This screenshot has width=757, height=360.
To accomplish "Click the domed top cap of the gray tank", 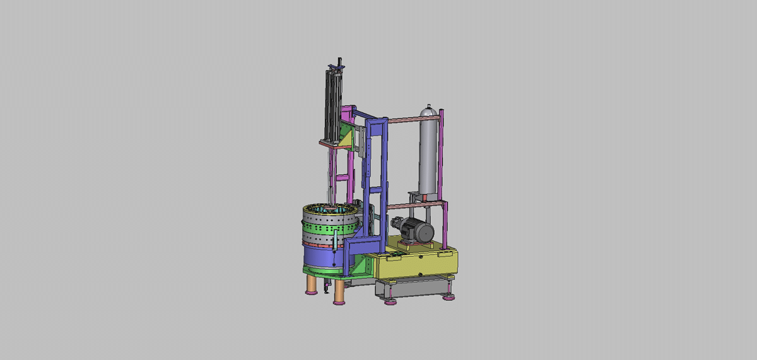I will [429, 111].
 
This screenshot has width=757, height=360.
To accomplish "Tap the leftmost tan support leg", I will [310, 284].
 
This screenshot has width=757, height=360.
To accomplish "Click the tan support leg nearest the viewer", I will [339, 292].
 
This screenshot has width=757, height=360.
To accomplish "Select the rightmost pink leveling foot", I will [449, 297].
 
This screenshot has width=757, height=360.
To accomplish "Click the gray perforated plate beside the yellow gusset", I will [358, 142].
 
